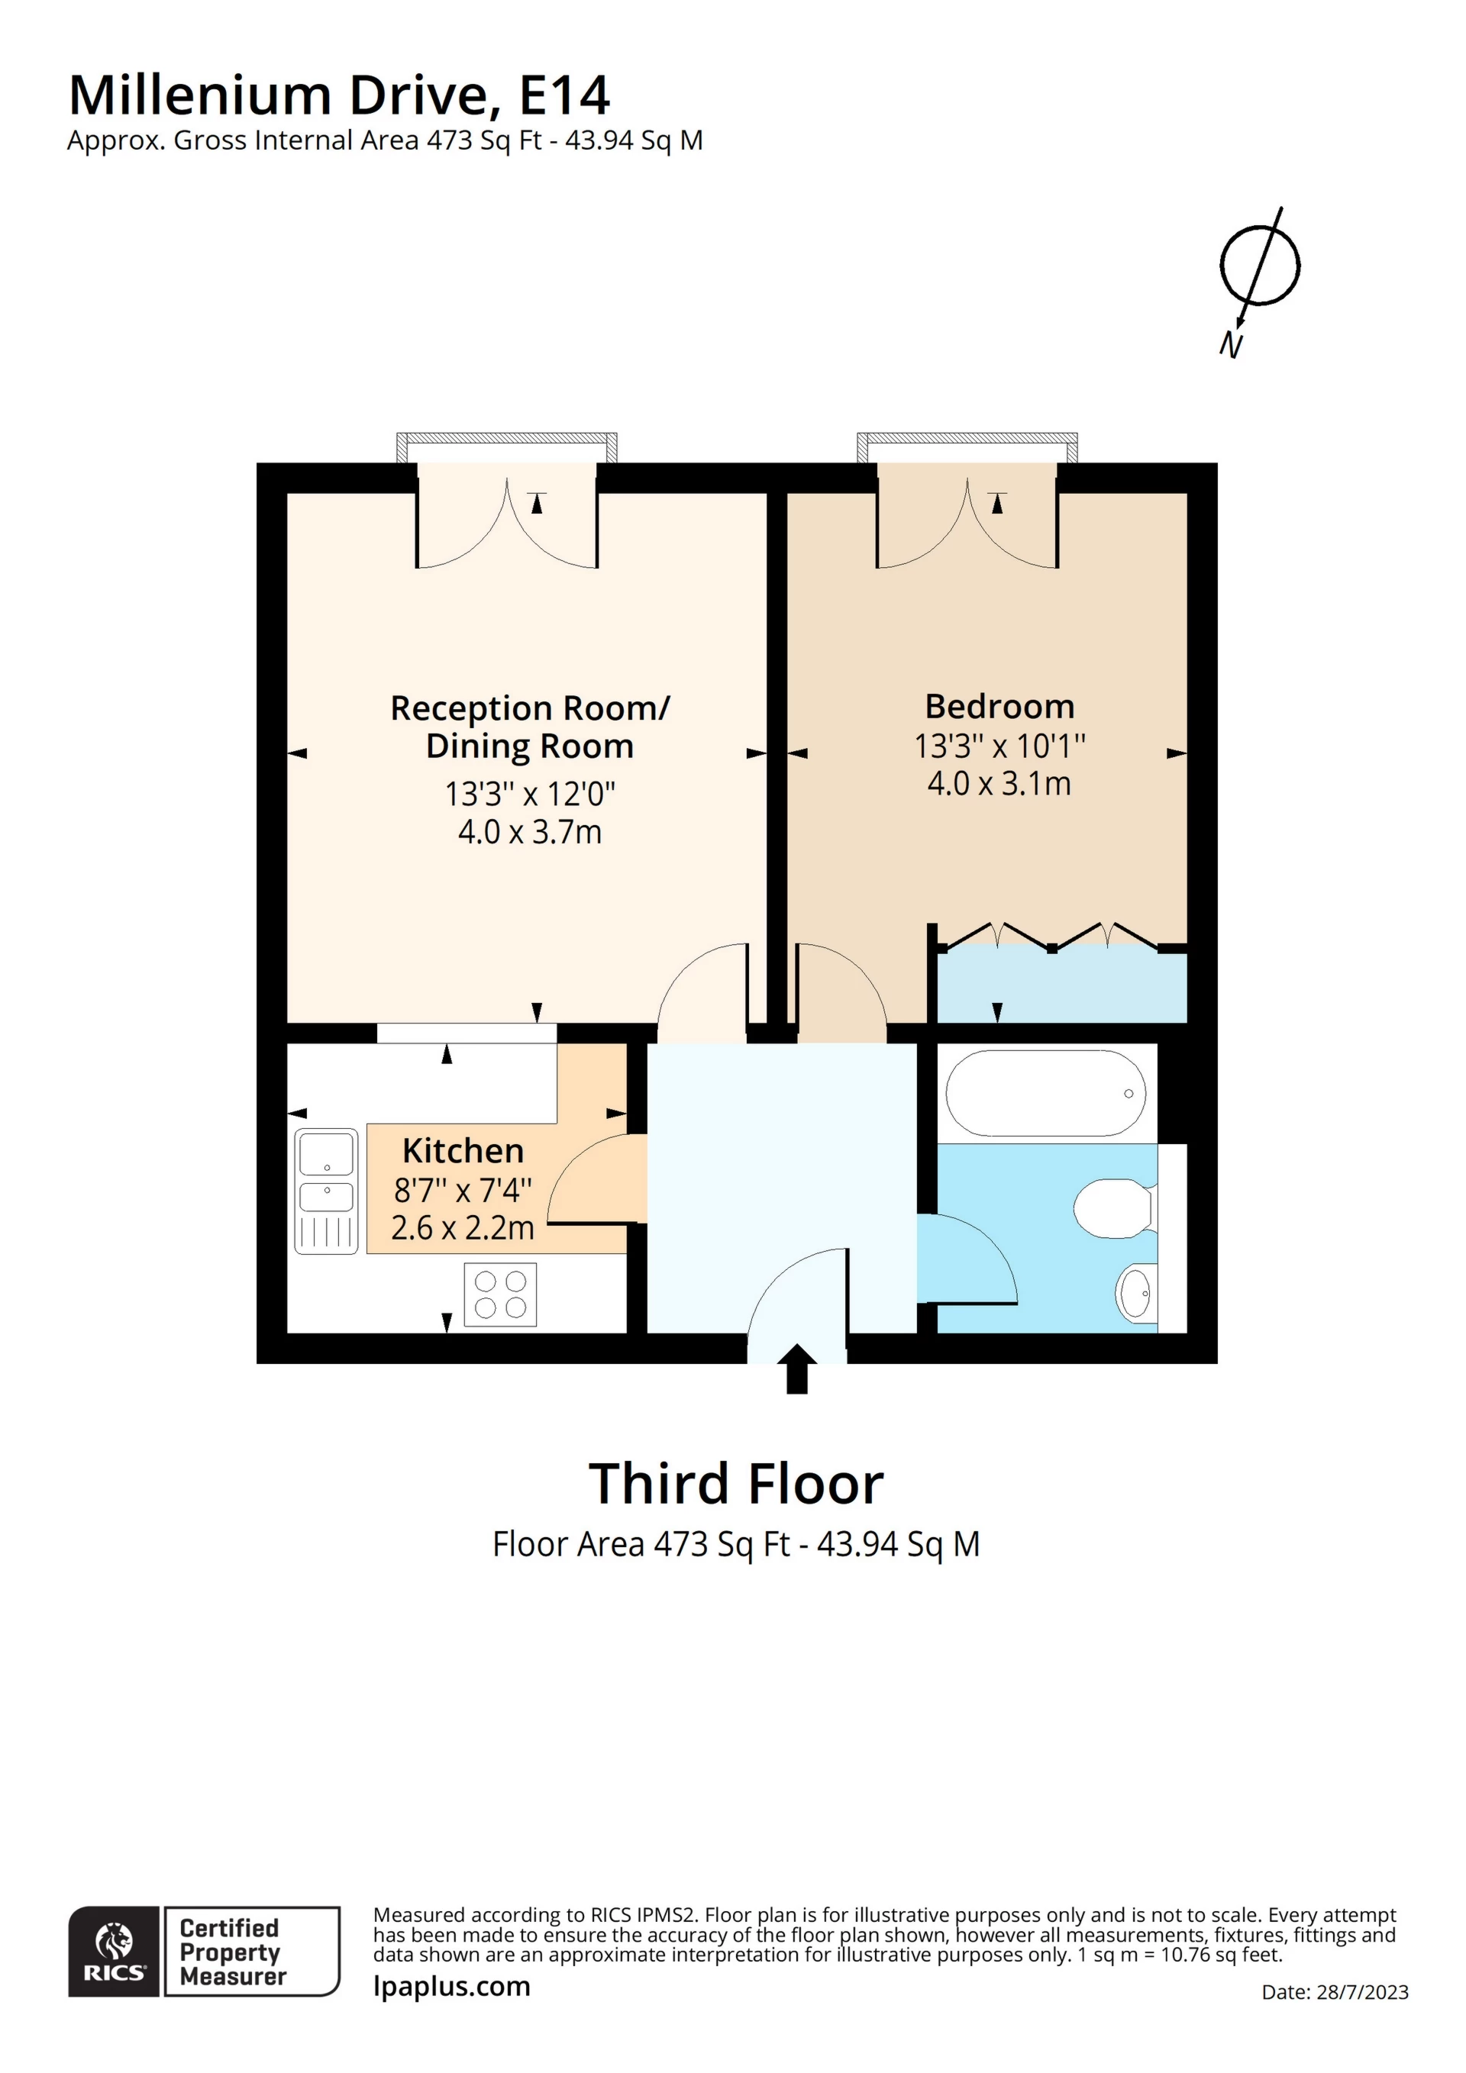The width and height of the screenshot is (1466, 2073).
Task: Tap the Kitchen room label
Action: (x=463, y=1150)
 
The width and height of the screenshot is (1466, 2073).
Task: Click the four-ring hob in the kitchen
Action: (x=499, y=1294)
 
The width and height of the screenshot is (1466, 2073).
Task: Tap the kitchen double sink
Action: (x=326, y=1191)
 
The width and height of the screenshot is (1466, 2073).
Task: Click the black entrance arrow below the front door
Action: (x=796, y=1369)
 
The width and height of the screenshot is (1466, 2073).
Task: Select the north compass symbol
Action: (x=1258, y=276)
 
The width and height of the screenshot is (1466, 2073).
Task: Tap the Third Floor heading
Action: (x=735, y=1484)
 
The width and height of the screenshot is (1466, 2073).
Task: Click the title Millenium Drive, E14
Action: (x=340, y=95)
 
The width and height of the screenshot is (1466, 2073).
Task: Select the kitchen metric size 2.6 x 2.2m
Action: (x=463, y=1228)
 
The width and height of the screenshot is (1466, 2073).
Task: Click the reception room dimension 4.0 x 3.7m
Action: (x=529, y=831)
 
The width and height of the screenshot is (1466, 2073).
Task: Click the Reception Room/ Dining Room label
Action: (x=529, y=727)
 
